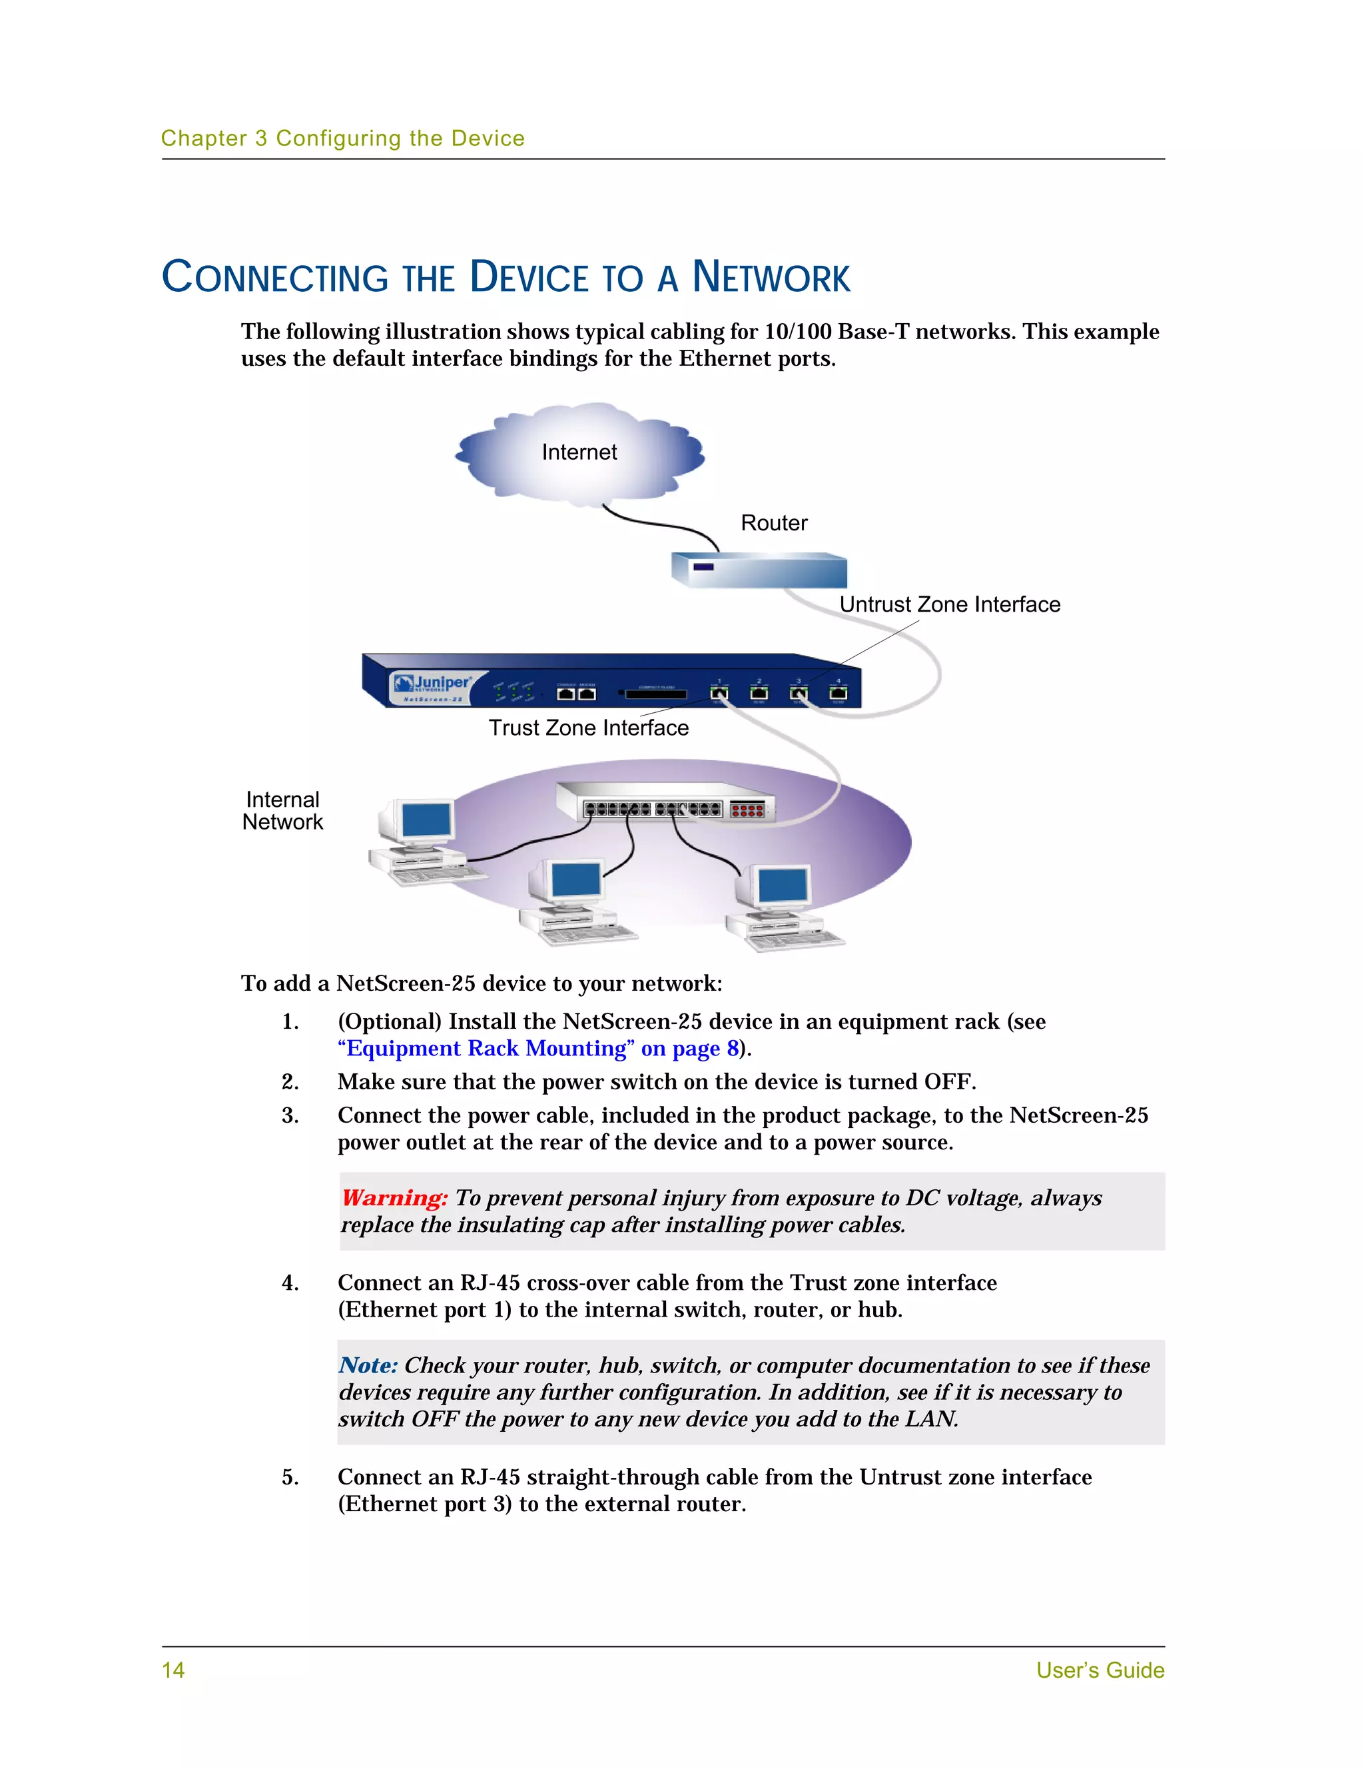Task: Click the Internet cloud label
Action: [579, 452]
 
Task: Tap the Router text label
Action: [774, 523]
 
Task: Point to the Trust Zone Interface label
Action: [589, 728]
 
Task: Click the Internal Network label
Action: [282, 811]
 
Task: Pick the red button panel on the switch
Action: [747, 809]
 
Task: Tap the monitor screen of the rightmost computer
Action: [783, 885]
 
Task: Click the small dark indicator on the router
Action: [703, 567]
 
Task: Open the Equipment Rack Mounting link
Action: [538, 1048]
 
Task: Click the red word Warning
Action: [394, 1198]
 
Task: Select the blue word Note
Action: [368, 1366]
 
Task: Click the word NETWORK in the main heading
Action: [771, 277]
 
